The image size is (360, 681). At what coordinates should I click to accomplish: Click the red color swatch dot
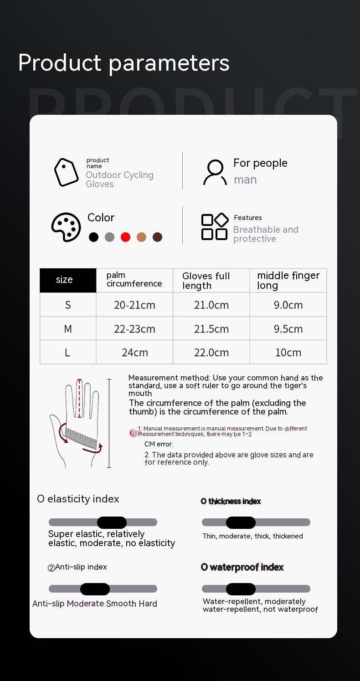coord(125,237)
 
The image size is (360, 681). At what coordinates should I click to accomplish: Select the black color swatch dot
coord(93,237)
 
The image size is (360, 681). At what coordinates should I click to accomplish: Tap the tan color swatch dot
coord(141,237)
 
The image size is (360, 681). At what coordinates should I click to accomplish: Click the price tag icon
coord(66,172)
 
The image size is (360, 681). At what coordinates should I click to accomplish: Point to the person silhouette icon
coord(215,172)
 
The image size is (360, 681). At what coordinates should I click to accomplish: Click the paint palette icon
coord(66,227)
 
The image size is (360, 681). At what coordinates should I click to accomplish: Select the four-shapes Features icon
coord(215,226)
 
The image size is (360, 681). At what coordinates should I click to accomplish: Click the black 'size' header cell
coord(68,280)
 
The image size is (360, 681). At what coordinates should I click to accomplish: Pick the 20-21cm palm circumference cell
coord(134,305)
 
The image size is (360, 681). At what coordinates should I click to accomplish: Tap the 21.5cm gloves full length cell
coord(211,329)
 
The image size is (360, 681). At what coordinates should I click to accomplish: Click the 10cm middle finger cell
coord(288,353)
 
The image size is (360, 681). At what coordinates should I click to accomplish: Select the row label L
coord(67,353)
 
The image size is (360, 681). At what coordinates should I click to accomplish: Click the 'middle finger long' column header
coord(288,280)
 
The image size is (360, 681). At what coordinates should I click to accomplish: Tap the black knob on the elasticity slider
coord(112,522)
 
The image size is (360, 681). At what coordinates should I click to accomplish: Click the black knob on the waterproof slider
coord(241,589)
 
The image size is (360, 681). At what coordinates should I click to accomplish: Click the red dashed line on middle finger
coord(79,399)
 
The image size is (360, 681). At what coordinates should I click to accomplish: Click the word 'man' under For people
coord(245,180)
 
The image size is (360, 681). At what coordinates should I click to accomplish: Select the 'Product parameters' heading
coord(123,63)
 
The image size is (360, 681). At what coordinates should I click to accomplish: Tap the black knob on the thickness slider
coord(241,522)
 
